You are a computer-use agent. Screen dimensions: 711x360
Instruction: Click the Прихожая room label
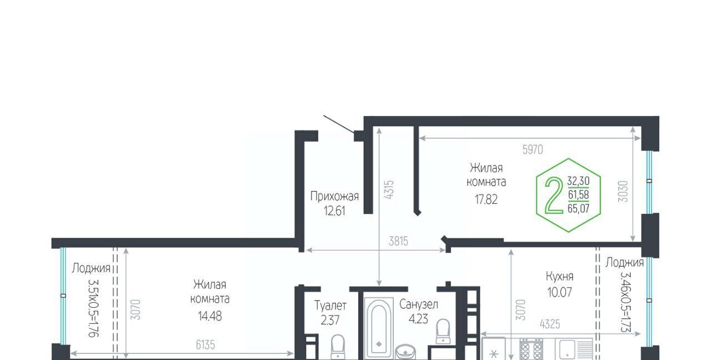334,197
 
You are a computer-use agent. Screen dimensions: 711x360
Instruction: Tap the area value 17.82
486,199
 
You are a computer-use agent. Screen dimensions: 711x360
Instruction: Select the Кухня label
559,277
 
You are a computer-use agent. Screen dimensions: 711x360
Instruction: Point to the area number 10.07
559,292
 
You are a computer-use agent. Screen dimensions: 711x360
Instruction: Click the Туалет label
331,306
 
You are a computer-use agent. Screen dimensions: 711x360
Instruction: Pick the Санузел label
419,304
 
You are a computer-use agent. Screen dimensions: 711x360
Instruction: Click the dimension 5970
533,149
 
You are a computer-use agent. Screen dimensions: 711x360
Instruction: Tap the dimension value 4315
389,190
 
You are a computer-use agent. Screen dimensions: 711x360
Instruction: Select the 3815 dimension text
398,242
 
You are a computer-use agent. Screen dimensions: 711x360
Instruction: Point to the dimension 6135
206,345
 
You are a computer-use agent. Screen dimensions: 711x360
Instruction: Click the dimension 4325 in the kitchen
550,324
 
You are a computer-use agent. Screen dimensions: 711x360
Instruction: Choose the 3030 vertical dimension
623,192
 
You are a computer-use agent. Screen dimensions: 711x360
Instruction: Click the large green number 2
554,195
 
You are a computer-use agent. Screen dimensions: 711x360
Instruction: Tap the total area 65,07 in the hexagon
578,208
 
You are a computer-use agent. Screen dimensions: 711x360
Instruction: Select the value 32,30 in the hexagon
578,181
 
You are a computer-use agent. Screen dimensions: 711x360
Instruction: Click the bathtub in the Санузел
379,328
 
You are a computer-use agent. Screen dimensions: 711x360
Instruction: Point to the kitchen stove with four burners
531,349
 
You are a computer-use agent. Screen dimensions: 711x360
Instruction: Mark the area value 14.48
210,316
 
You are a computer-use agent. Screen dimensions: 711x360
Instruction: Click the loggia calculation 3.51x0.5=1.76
94,308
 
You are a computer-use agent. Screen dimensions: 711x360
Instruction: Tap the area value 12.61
334,211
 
